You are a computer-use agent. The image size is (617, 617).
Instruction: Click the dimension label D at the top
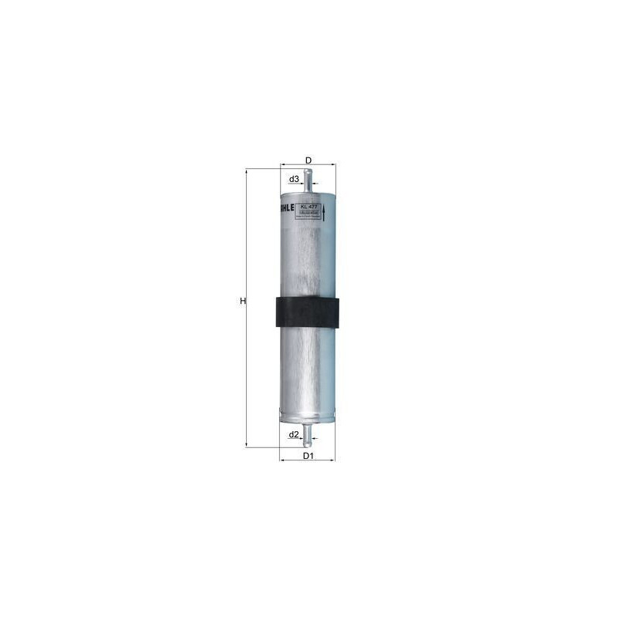tap(308, 160)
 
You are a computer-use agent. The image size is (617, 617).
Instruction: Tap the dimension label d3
tap(294, 180)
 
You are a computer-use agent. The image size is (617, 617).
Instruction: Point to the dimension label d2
tap(294, 435)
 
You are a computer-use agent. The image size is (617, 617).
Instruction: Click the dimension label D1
tap(308, 456)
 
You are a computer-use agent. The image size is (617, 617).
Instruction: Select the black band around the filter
tap(308, 313)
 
